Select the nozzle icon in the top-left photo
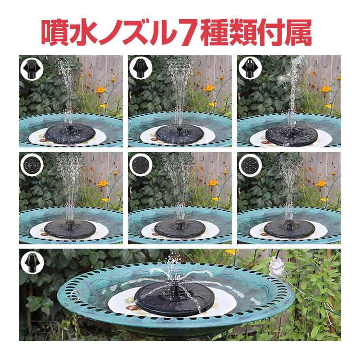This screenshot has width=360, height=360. point(32,67)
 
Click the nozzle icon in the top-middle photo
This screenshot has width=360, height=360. point(141,67)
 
